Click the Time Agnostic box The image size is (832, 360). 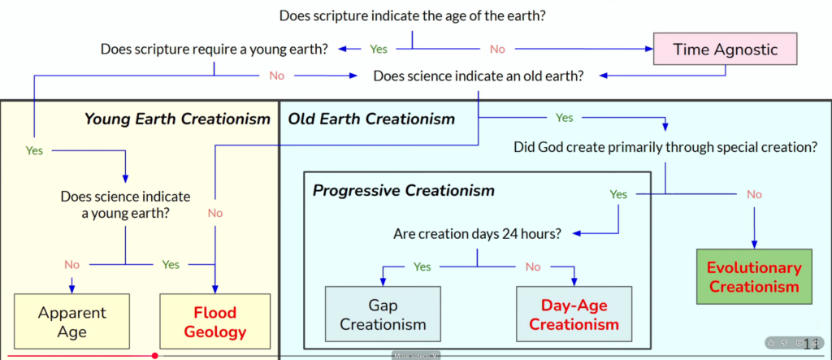[x=726, y=50]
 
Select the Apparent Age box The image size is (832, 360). [x=72, y=321]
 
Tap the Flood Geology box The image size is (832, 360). [x=214, y=322]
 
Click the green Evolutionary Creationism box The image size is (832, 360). [x=754, y=276]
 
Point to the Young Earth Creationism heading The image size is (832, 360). [x=177, y=119]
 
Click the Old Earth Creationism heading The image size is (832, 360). [x=371, y=119]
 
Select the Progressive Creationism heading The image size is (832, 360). [x=403, y=191]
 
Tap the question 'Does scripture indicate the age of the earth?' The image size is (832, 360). [x=411, y=15]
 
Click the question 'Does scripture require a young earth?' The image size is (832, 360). [x=214, y=49]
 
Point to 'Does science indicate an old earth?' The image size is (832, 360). [x=478, y=76]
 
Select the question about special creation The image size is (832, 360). [x=665, y=147]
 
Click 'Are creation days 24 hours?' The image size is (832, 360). [x=476, y=234]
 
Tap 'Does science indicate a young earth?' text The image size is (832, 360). [x=125, y=205]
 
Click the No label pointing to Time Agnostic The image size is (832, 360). [x=497, y=49]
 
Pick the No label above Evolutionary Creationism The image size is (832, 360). [x=754, y=194]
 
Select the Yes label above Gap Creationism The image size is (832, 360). [x=422, y=266]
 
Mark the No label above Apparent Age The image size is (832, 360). [x=72, y=264]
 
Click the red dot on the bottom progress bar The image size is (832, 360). [x=154, y=355]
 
